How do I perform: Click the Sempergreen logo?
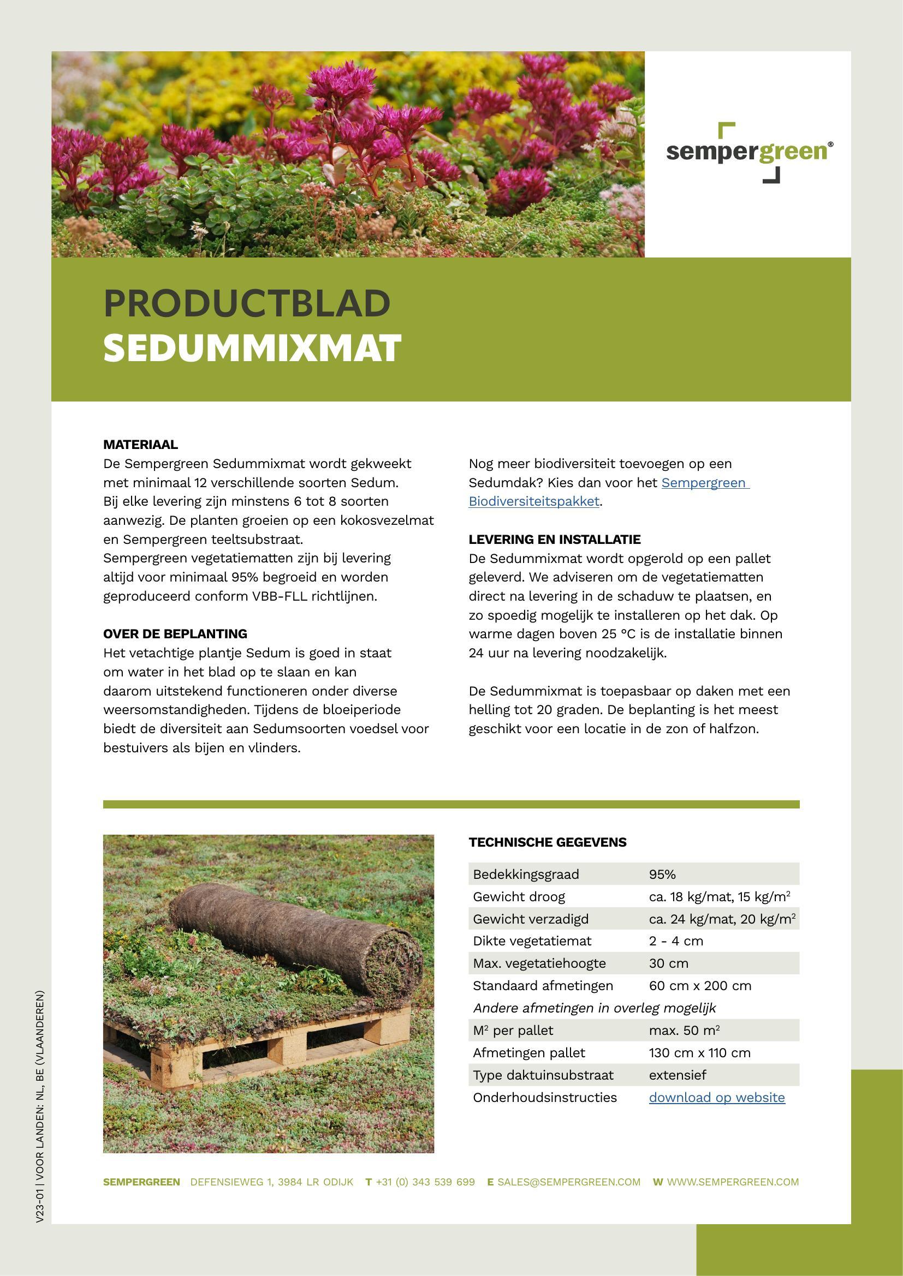[x=749, y=152]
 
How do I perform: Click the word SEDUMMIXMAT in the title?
[x=252, y=349]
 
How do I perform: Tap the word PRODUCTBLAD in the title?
[x=247, y=303]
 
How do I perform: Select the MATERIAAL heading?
[x=141, y=445]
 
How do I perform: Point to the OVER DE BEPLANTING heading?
[x=175, y=633]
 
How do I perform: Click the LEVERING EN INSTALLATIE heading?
[x=554, y=539]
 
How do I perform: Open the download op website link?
[x=717, y=1097]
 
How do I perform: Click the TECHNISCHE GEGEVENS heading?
[x=547, y=842]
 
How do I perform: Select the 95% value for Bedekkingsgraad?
[x=662, y=874]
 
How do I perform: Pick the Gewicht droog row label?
[x=519, y=896]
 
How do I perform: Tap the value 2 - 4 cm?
[x=675, y=941]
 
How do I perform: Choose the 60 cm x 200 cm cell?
[x=699, y=985]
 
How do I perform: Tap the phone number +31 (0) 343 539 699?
[x=425, y=1182]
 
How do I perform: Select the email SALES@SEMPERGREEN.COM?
[x=568, y=1182]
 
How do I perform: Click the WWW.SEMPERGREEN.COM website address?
[x=732, y=1182]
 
